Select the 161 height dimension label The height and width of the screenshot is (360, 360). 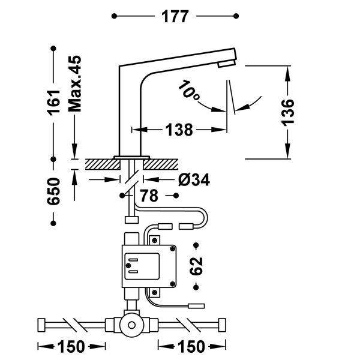pos(54,103)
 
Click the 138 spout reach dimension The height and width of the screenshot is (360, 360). pos(178,129)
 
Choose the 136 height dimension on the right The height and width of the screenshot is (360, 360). pos(288,112)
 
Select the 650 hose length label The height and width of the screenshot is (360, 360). pos(54,191)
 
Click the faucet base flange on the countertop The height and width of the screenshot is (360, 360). pos(133,157)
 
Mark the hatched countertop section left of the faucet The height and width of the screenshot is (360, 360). pos(99,163)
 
